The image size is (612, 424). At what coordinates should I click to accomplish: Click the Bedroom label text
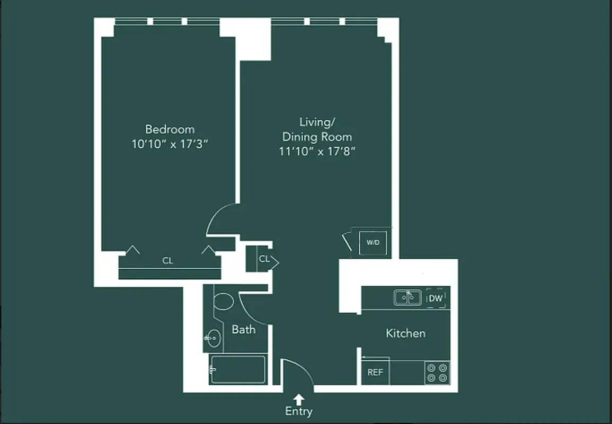[170, 129]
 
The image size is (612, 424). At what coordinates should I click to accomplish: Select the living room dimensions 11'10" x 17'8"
[316, 151]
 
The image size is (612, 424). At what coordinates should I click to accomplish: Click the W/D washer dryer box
[373, 243]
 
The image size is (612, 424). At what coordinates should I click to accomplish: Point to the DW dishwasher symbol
[436, 298]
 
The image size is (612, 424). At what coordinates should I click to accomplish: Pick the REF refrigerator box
[375, 373]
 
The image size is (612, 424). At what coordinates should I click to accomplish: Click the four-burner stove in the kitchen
[437, 372]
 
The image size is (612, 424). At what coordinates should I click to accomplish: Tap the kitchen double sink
[407, 297]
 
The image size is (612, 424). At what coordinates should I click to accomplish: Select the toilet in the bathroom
[223, 302]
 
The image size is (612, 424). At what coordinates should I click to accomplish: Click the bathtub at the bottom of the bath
[237, 369]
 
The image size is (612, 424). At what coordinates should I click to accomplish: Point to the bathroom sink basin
[214, 338]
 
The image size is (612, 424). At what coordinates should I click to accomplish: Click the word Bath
[243, 330]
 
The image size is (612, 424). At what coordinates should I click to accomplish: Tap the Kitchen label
[405, 333]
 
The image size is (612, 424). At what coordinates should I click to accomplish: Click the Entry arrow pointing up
[299, 399]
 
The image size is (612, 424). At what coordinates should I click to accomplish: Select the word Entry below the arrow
[299, 411]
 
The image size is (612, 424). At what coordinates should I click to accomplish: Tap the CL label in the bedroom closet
[167, 261]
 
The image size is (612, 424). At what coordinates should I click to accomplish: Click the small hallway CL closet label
[264, 259]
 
